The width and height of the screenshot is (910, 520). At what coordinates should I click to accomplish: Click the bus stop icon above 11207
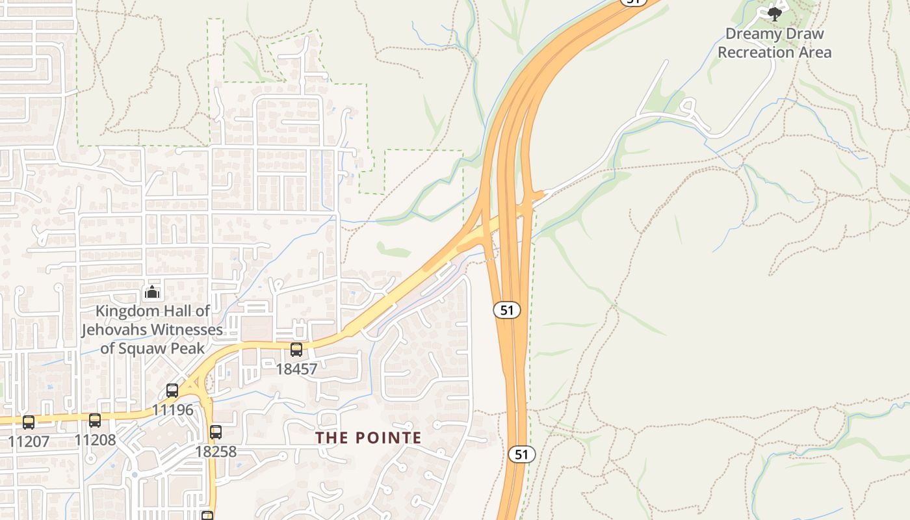point(29,422)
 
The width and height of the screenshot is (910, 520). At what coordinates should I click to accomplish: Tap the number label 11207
point(29,442)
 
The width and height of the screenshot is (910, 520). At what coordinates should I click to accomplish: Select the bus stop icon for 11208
point(95,421)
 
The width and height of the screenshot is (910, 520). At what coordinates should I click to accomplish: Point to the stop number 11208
point(95,440)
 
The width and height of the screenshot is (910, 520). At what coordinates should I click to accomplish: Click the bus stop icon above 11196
point(172,391)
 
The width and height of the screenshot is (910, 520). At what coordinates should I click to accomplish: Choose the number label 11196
point(173,410)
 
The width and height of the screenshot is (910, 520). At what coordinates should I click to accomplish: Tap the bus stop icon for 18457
point(296,350)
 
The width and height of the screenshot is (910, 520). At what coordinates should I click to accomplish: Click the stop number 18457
point(296,369)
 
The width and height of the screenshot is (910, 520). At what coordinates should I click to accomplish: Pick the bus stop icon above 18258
point(216,432)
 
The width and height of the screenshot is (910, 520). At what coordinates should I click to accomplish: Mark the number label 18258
point(216,451)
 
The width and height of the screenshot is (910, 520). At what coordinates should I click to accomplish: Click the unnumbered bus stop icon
point(207,516)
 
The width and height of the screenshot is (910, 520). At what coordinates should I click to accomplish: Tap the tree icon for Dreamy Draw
point(774,13)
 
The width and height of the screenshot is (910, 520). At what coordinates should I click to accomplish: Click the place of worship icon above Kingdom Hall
point(152,292)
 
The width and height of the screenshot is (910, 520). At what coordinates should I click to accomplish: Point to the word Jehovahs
point(114,330)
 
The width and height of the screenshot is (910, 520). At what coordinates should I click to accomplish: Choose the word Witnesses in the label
point(187,330)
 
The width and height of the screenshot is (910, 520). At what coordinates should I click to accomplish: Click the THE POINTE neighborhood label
point(369,438)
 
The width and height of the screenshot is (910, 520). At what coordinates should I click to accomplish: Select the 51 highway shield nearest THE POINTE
point(521,454)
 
